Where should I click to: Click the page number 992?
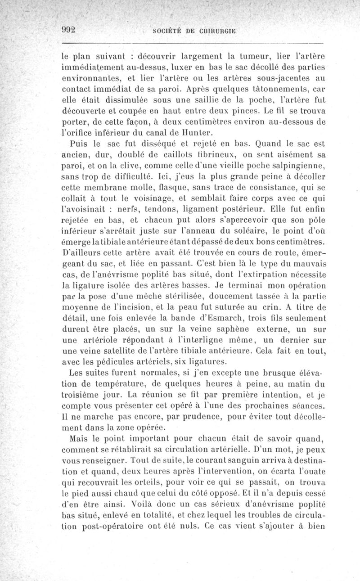(x=69, y=29)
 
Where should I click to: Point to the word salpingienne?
(x=302, y=165)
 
